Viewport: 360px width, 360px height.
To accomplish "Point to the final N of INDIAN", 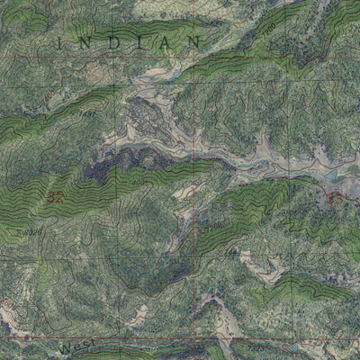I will [195, 42].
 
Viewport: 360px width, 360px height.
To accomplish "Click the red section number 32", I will [57, 195].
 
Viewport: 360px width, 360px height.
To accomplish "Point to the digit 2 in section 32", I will [61, 195].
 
